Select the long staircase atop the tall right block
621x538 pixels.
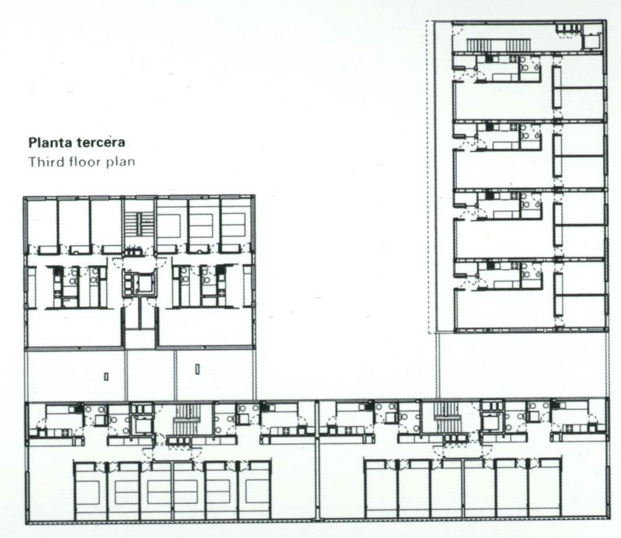pos(498,45)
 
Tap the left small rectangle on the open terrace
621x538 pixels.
pos(106,377)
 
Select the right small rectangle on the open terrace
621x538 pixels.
pos(197,370)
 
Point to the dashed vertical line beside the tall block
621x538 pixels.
pos(428,177)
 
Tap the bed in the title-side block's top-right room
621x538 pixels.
pos(235,223)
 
